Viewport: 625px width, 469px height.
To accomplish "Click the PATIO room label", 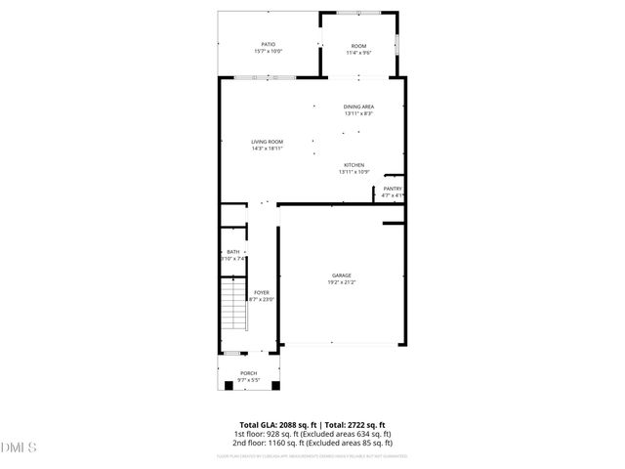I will click(268, 44).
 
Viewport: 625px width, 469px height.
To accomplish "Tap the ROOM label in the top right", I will click(359, 46).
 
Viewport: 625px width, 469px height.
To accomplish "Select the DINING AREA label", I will click(358, 107).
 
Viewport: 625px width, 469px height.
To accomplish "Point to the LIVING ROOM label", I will click(267, 143).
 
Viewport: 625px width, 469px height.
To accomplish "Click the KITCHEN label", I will click(354, 164).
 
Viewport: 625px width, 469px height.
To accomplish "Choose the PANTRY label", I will click(393, 189).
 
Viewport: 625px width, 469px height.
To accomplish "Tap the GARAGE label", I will click(341, 276).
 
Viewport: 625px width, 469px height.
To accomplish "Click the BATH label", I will click(232, 252).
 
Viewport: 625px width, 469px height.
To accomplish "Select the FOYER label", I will click(262, 291).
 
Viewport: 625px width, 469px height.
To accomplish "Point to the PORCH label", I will click(248, 372).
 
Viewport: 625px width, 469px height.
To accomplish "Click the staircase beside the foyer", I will click(233, 304).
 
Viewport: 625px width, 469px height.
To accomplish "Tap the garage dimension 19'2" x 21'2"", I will click(341, 282).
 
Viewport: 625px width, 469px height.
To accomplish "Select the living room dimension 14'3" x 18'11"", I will click(267, 149).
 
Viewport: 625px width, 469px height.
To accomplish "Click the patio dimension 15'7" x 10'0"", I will click(268, 51).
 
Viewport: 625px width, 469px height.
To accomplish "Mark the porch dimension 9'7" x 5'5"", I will click(248, 379).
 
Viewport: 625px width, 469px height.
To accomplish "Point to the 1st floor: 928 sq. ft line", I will click(312, 434).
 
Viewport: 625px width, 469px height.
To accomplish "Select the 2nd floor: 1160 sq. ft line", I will click(312, 443).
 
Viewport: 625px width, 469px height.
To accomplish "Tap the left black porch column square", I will click(229, 385).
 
